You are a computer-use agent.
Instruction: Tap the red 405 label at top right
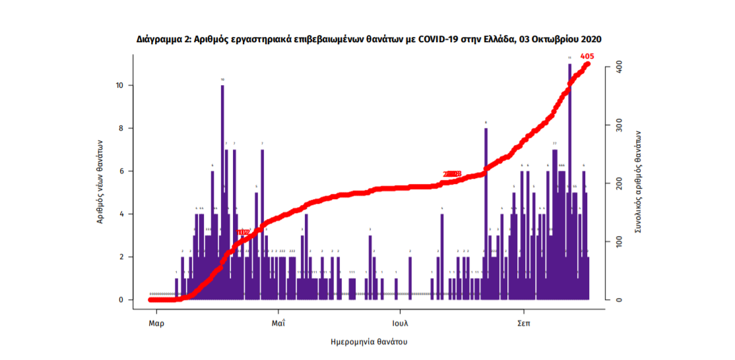point(587,57)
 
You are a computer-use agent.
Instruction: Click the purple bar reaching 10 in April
point(222,191)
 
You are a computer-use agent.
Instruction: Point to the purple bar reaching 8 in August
point(486,211)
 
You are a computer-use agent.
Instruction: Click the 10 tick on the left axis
point(121,86)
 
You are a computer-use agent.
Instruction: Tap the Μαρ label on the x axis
point(156,324)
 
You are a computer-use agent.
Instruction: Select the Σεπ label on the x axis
point(524,324)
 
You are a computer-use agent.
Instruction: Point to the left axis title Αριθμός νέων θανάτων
point(100,181)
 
